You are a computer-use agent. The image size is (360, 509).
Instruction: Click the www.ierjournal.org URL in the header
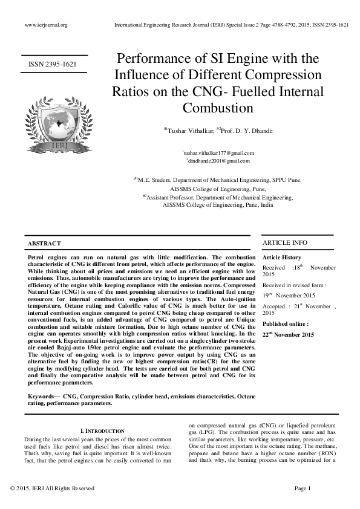(x=46, y=25)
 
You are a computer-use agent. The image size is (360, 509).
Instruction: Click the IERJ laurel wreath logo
(x=55, y=120)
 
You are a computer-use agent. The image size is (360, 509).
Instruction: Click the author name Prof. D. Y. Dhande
(x=246, y=131)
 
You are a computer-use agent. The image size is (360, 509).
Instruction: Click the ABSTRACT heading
(x=44, y=244)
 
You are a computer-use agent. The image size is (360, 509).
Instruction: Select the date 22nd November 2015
(x=289, y=334)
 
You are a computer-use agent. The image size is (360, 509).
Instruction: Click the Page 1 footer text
(x=302, y=488)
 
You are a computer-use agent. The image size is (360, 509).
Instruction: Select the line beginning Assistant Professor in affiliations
(x=218, y=198)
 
